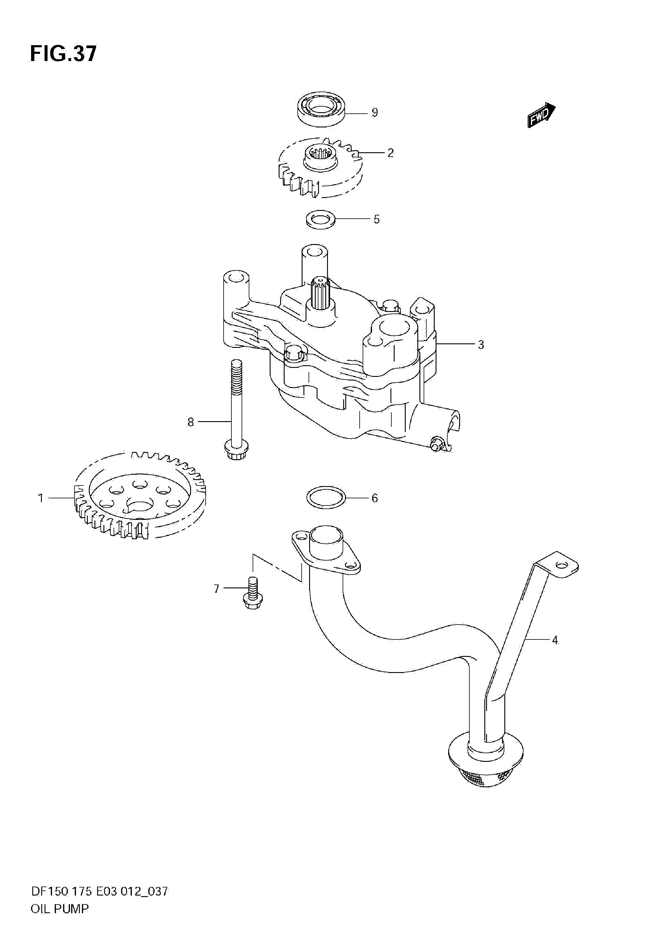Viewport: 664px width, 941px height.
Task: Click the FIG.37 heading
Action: click(63, 54)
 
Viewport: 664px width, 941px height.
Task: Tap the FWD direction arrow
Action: click(541, 115)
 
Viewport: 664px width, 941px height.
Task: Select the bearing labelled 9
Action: click(321, 109)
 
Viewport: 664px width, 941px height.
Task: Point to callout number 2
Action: click(390, 153)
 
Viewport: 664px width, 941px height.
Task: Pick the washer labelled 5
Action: click(320, 219)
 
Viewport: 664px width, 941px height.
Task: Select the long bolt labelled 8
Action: click(235, 410)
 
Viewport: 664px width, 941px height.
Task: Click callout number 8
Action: click(190, 422)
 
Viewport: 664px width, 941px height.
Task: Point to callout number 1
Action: click(41, 498)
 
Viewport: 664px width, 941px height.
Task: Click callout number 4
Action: click(555, 640)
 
